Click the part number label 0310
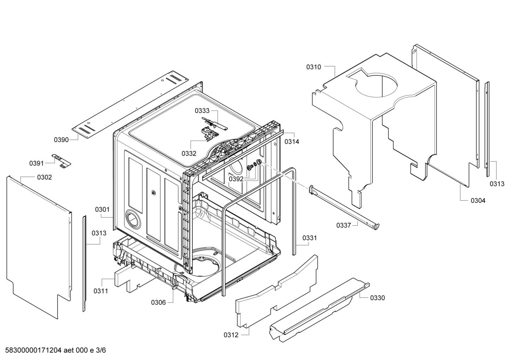(x=313, y=67)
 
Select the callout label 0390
(x=61, y=140)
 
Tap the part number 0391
(x=36, y=163)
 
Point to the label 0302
(x=44, y=177)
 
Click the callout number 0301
(x=102, y=209)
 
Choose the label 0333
(x=202, y=111)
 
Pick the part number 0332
(x=189, y=154)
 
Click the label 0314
(x=292, y=142)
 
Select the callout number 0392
(x=236, y=179)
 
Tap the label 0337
(x=344, y=225)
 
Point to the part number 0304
(x=478, y=201)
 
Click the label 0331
(x=310, y=238)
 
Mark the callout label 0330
(x=378, y=298)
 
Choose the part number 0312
(x=231, y=335)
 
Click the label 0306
(x=158, y=302)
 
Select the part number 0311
(x=101, y=291)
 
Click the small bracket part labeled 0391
(x=61, y=161)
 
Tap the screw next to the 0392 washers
(x=250, y=168)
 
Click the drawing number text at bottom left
(x=55, y=350)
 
